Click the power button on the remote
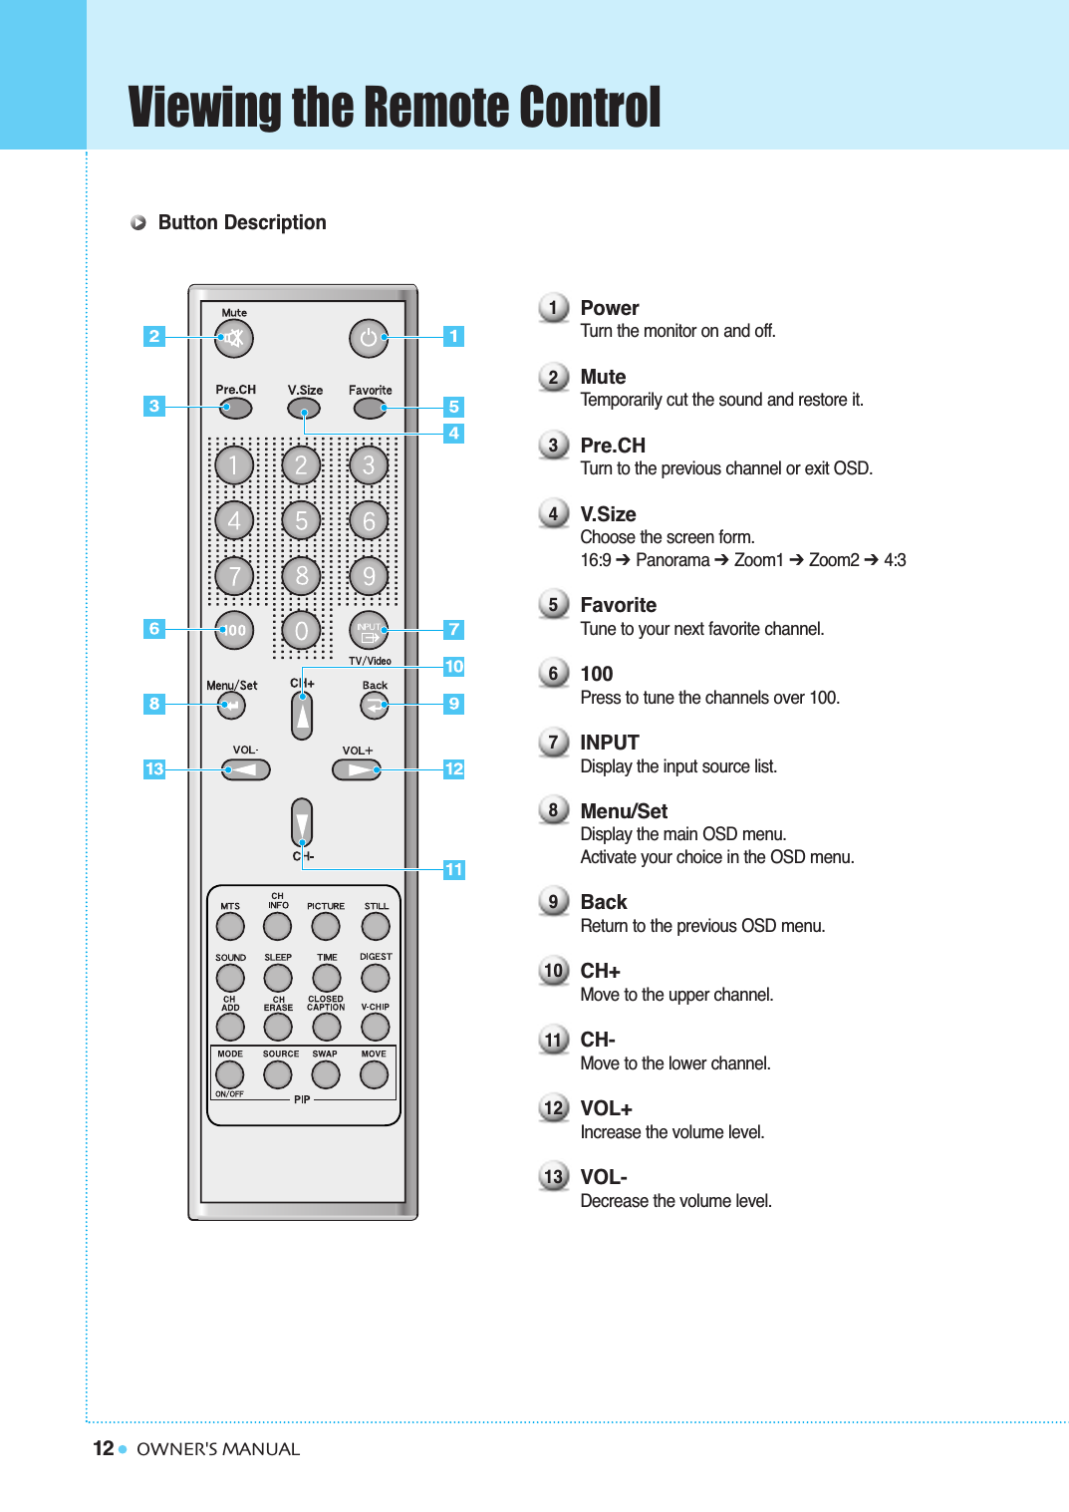368,338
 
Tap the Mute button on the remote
234,338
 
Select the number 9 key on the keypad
369,576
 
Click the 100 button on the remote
234,630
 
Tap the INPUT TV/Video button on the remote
369,630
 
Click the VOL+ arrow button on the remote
357,769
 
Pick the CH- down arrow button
302,823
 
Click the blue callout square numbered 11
453,869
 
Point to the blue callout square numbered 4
453,433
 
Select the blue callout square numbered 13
153,768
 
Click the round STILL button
376,926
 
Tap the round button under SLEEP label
278,978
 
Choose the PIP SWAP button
326,1074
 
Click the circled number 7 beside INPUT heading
553,743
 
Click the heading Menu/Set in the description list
624,811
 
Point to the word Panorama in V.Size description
672,560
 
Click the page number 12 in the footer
103,1448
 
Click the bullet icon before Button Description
138,222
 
